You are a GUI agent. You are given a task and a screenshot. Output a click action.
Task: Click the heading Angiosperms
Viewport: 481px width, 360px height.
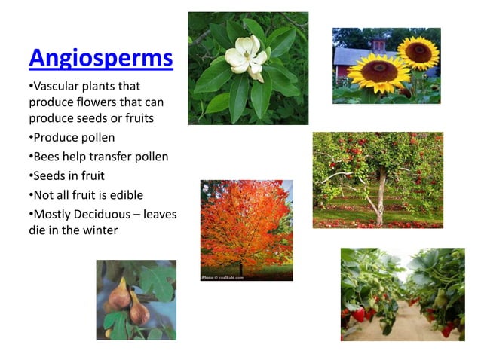click(x=100, y=58)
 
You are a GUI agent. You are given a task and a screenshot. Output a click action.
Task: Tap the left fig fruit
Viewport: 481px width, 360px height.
click(x=121, y=294)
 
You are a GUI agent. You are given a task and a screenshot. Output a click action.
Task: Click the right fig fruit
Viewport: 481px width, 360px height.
click(x=139, y=310)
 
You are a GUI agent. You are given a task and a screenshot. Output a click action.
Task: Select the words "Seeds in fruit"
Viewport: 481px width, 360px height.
click(x=65, y=175)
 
